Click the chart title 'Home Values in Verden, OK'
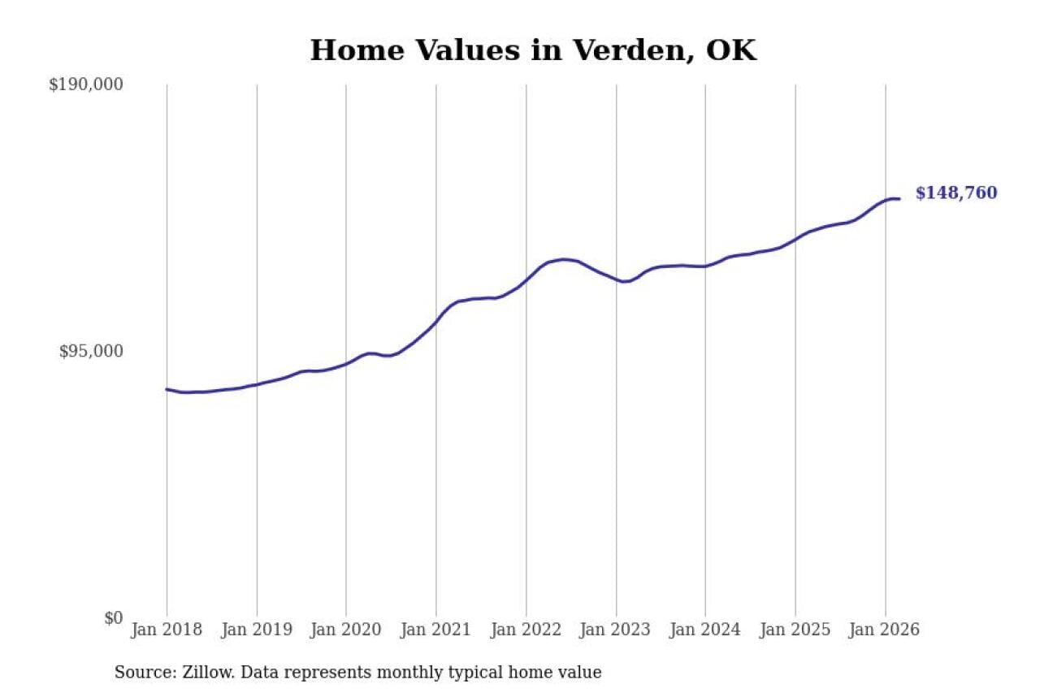point(533,50)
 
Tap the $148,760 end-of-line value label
point(956,193)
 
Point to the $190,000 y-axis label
point(86,84)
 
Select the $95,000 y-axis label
point(91,351)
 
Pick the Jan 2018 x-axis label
point(166,630)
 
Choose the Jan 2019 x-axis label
point(256,630)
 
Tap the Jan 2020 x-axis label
point(346,630)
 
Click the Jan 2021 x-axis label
point(436,630)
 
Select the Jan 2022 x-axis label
point(526,630)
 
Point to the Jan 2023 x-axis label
point(616,630)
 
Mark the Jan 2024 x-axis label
point(705,630)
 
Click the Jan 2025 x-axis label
point(795,630)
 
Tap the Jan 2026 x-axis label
point(885,630)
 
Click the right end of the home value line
point(899,199)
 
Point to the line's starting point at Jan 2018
point(167,389)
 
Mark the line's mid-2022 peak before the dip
point(563,259)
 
